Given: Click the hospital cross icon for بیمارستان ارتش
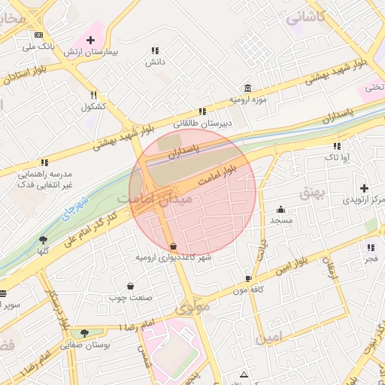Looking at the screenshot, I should coord(90,38).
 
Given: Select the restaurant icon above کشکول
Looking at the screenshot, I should coord(93,95).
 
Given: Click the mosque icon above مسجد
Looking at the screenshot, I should coord(281,209).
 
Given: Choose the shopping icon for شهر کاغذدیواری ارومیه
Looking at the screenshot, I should coord(174,246).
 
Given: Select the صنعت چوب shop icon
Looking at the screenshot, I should coord(131,286).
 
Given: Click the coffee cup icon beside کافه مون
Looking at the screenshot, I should coord(248,277).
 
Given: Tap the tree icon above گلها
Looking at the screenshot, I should coord(43,240).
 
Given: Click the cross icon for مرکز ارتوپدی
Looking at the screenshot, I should coord(365,188).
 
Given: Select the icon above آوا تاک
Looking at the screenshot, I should coord(337,145).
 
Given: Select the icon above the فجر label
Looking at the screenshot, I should coord(371,247).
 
